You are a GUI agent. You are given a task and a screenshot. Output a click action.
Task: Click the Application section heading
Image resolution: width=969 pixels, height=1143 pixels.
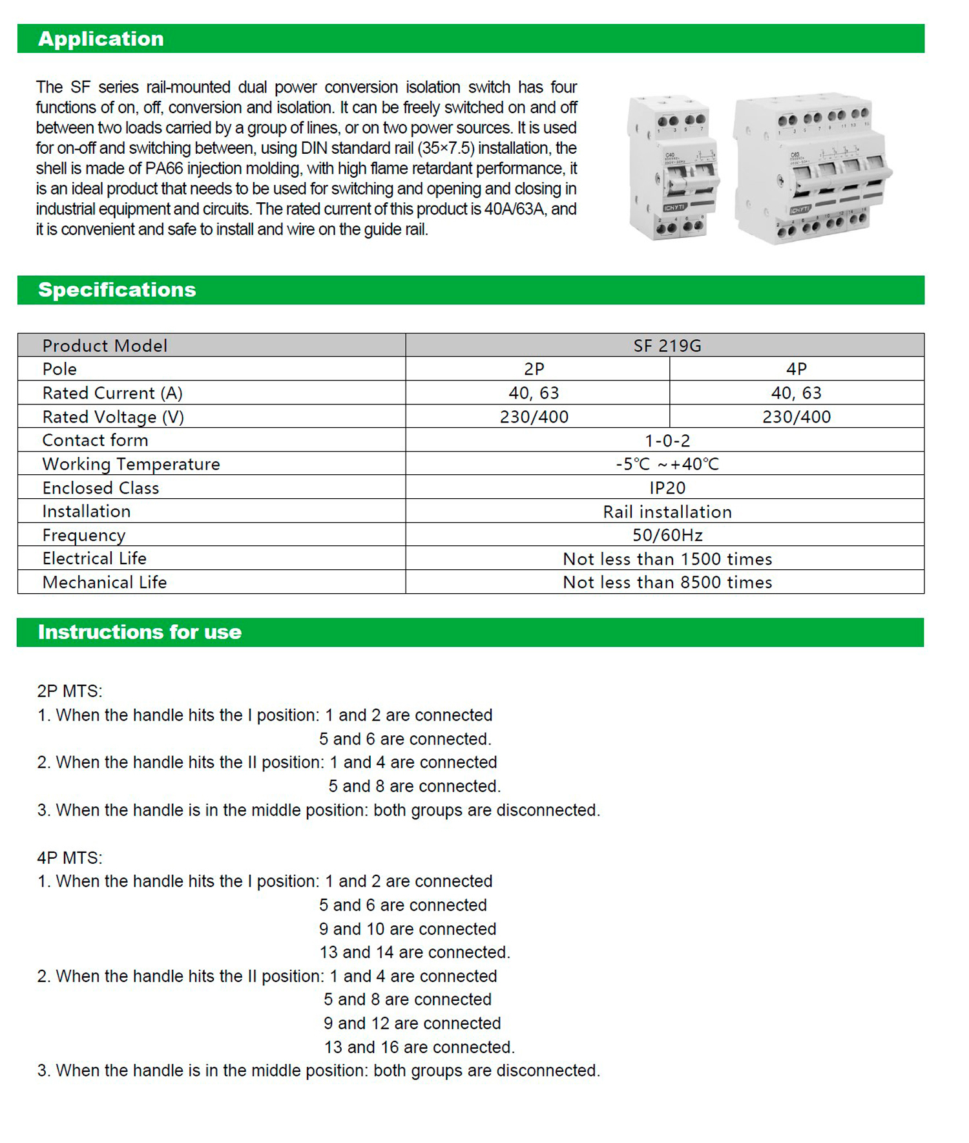click(101, 39)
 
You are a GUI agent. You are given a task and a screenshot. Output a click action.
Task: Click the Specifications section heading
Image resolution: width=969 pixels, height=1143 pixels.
click(117, 290)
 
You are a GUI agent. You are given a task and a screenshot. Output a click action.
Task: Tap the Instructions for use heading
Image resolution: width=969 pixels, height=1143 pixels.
click(140, 632)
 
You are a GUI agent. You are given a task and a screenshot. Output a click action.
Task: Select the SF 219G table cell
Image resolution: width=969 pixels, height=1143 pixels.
click(667, 346)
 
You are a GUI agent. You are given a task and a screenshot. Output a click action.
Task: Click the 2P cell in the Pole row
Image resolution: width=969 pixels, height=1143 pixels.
click(534, 369)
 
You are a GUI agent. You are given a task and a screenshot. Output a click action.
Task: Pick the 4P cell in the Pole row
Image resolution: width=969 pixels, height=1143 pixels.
click(796, 369)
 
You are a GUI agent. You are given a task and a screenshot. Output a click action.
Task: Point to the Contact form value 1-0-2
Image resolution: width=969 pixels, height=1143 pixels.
click(667, 441)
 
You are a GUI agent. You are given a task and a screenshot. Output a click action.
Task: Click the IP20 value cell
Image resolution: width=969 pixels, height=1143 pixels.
click(667, 488)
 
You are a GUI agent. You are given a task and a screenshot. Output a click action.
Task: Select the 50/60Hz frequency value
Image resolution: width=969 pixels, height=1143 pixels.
click(667, 535)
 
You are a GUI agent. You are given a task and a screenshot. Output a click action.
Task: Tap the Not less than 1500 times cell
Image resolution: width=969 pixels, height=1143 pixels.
click(667, 559)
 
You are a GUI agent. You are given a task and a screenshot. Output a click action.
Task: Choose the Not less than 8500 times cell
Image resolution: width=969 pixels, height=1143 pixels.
click(667, 582)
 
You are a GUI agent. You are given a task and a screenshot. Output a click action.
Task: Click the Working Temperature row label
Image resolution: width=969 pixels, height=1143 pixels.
click(131, 464)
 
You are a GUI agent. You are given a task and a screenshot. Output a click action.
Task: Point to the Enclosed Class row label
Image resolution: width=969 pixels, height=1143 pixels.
click(101, 488)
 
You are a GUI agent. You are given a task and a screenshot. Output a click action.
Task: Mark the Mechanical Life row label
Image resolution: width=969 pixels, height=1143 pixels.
click(105, 582)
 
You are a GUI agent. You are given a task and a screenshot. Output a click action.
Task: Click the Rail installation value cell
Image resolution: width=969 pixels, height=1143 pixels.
click(667, 512)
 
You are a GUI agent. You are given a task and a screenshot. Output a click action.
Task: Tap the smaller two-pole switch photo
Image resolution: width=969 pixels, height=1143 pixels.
click(672, 168)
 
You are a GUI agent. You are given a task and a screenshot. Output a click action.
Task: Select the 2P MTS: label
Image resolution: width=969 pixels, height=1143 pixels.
click(70, 691)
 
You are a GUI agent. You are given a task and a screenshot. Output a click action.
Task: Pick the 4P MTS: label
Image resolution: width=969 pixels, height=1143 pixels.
click(70, 858)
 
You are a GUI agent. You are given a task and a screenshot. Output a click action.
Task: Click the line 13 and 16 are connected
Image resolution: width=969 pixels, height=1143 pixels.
click(419, 1047)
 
